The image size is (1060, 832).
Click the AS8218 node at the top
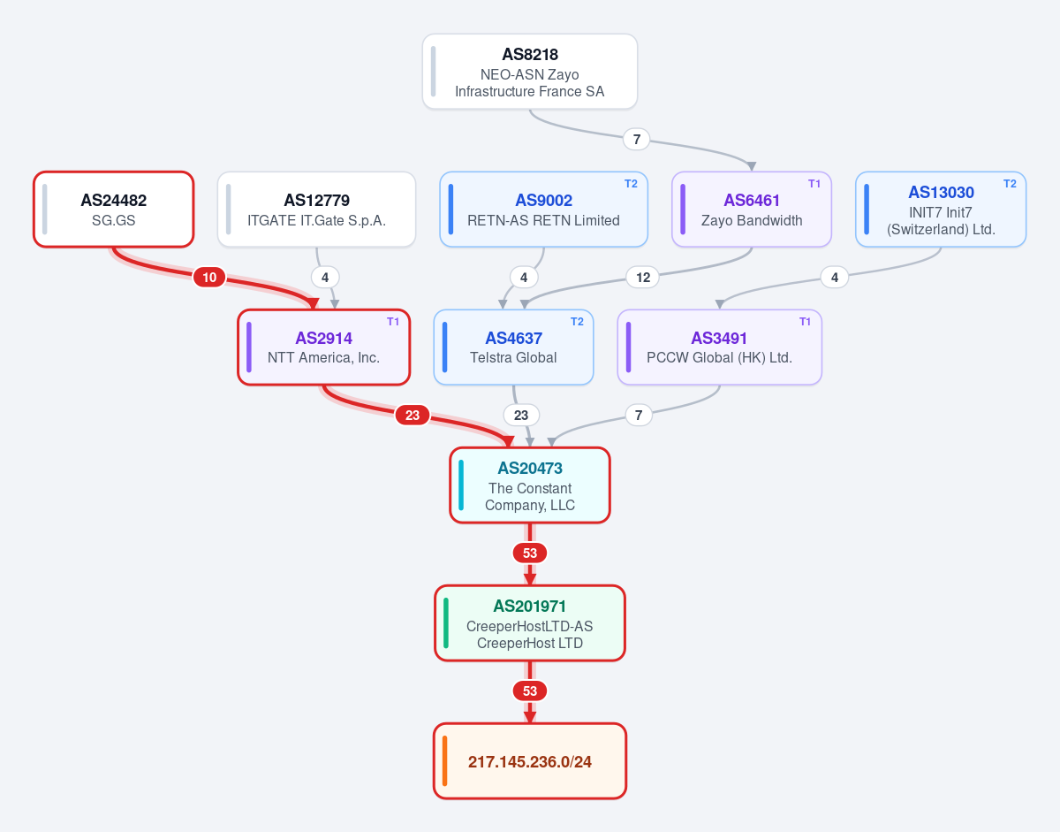(530, 72)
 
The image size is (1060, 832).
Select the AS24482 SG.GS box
(114, 210)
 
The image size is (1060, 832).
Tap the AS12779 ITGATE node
(316, 210)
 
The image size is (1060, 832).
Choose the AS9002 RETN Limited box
(543, 210)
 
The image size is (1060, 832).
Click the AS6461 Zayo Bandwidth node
(752, 210)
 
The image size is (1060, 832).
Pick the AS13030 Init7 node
(941, 210)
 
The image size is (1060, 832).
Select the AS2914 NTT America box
(324, 347)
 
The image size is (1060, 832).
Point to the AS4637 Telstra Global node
(514, 347)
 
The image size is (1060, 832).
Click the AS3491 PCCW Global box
(720, 347)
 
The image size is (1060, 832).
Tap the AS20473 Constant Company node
(530, 485)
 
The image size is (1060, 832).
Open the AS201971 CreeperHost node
(530, 623)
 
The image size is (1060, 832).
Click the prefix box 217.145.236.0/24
(530, 761)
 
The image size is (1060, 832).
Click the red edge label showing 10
(209, 278)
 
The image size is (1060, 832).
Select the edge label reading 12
(643, 278)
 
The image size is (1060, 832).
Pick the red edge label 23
(413, 415)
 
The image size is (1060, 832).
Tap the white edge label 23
(521, 415)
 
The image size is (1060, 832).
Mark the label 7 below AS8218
(637, 139)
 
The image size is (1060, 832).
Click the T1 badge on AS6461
(814, 184)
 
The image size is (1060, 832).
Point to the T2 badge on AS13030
(1010, 184)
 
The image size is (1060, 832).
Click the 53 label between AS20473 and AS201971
(530, 553)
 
